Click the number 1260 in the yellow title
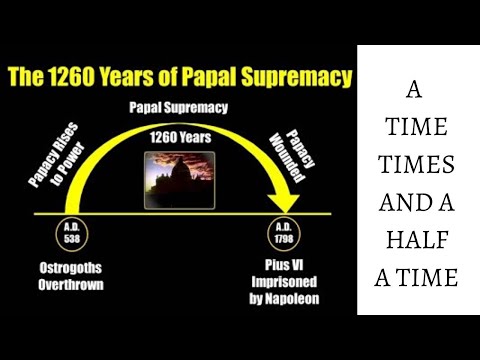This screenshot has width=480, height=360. coord(95,76)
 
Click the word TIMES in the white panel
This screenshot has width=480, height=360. coord(418,166)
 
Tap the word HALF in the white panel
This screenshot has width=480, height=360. coord(418,241)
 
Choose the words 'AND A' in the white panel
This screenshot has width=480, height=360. coord(418,204)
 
